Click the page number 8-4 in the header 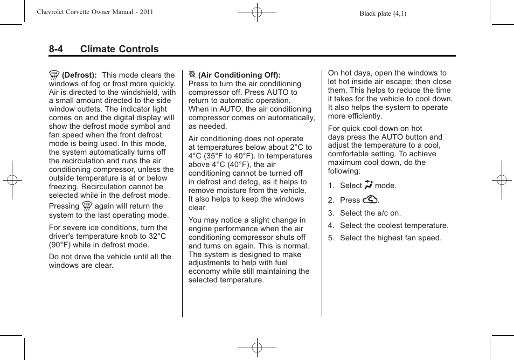click(x=55, y=49)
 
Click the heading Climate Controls click(x=119, y=49)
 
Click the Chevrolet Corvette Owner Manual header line click(x=95, y=12)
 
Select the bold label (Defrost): click(x=79, y=75)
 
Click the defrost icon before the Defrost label click(x=54, y=75)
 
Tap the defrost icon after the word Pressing click(x=87, y=205)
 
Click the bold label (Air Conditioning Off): click(x=239, y=75)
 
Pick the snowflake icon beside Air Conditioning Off click(x=192, y=74)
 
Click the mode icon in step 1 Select click(x=369, y=185)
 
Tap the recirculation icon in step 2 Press click(x=370, y=199)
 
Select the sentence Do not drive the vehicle click(x=110, y=257)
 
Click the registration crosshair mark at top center click(x=257, y=11)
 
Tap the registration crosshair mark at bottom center click(x=257, y=348)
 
